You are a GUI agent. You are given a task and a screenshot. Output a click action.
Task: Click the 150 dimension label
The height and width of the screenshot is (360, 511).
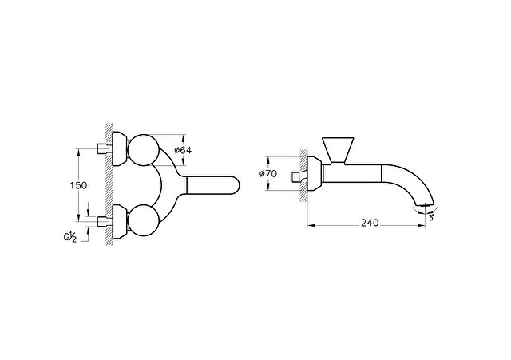coord(78,185)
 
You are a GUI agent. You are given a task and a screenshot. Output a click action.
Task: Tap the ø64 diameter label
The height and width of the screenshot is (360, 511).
coord(183,150)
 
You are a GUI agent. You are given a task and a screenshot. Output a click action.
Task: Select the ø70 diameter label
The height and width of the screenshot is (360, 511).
coord(268,174)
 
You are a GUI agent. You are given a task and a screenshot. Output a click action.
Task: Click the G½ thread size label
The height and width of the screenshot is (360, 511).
coord(70,237)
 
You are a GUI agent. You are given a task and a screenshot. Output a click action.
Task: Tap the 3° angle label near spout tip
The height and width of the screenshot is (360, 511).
coord(431,218)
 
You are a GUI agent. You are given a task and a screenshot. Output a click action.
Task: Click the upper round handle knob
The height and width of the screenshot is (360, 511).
coord(144,150)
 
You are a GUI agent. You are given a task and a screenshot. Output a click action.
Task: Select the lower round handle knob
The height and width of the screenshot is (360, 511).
coord(144,220)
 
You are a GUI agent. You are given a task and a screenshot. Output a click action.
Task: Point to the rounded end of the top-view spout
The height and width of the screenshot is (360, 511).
coord(236,185)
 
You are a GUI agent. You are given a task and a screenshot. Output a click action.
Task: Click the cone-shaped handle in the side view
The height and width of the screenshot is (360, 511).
coord(338,150)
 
